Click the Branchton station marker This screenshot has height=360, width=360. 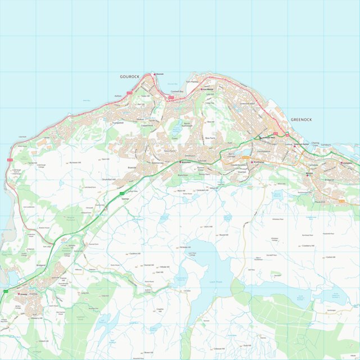pos(180,162)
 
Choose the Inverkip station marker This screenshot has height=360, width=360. pos(19,293)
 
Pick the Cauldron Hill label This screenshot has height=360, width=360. pos(133,253)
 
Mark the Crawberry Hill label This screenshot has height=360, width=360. pos(307,245)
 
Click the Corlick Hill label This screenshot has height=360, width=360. pos(330,257)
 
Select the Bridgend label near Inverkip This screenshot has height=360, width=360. pos(40,264)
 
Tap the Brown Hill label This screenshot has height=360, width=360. pos(148,352)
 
